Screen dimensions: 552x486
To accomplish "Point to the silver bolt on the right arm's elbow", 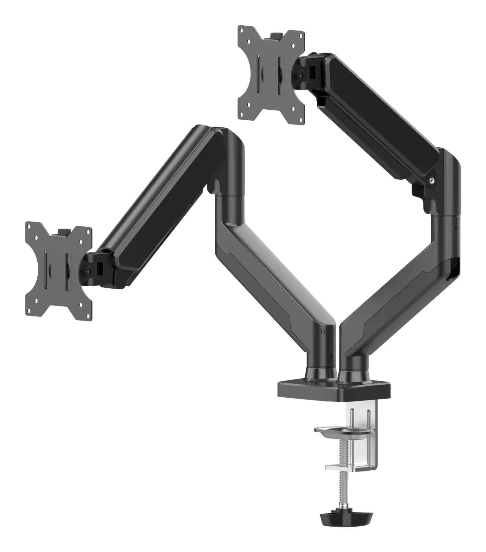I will coord(433,179).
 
